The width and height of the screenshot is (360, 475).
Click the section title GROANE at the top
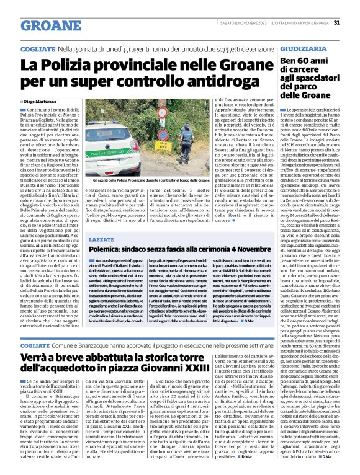42,24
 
